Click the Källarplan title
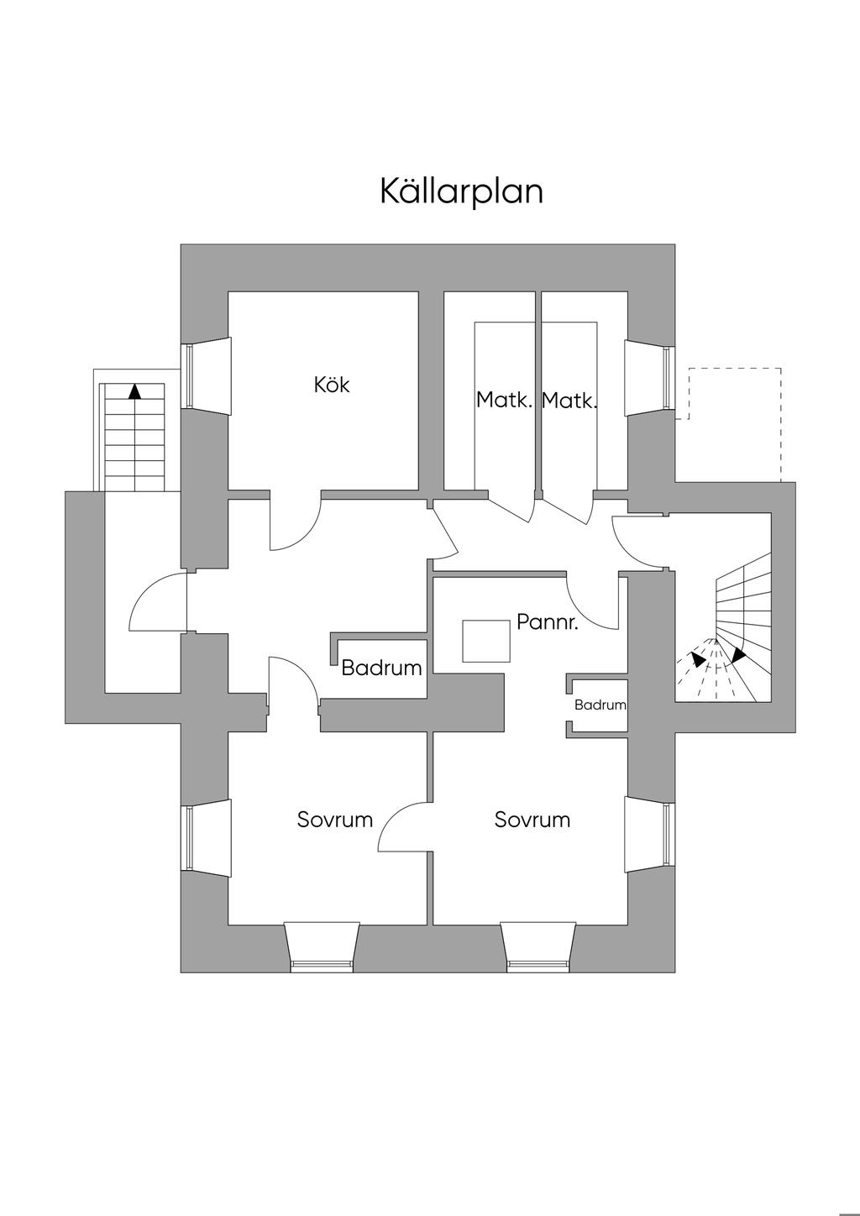461,191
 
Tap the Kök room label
331,385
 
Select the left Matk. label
504,400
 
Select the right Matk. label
569,401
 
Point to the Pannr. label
548,622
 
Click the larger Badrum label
381,668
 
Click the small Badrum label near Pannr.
600,705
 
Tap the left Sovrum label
334,820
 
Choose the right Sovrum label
532,820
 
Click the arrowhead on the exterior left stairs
134,390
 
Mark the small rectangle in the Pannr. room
486,641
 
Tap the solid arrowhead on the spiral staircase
738,655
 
